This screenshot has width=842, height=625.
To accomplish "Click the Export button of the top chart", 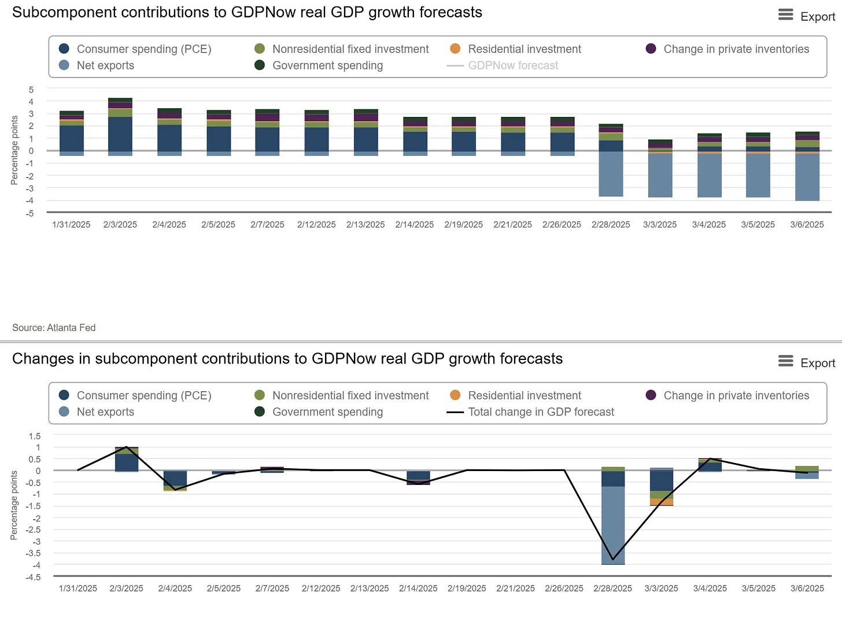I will pos(807,16).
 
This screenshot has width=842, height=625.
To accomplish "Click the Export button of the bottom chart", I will pos(807,362).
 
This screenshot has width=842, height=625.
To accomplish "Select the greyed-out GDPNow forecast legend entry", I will pos(512,65).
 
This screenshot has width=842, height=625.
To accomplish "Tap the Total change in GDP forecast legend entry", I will pos(540,412).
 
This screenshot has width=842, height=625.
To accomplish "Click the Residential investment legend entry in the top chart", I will pos(524,49).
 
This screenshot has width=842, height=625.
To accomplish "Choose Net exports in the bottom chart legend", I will pos(105,412).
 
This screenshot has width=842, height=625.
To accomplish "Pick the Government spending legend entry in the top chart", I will pos(327,65).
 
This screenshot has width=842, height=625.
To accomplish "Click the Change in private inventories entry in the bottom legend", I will pos(736,396).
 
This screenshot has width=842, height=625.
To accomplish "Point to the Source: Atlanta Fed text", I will pos(54,328).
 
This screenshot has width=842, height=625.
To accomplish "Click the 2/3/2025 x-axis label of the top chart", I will pos(120,225).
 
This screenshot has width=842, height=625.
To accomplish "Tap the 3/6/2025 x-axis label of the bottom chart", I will pos(807,589).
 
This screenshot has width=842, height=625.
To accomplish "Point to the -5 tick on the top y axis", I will pos(30,214).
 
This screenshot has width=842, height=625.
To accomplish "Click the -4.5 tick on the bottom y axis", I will pos(33,577).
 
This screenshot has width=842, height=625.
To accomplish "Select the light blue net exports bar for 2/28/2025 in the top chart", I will pos(611,174).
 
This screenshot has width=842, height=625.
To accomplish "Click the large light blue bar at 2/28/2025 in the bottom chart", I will pos(613,524).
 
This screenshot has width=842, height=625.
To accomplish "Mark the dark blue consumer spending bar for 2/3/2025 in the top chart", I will pos(120,134).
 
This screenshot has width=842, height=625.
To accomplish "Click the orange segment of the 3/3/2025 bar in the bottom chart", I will pos(662,502).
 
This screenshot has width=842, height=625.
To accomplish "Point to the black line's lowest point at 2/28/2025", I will pos(613,560).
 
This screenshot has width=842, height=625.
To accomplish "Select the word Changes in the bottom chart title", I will pos(43,359).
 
